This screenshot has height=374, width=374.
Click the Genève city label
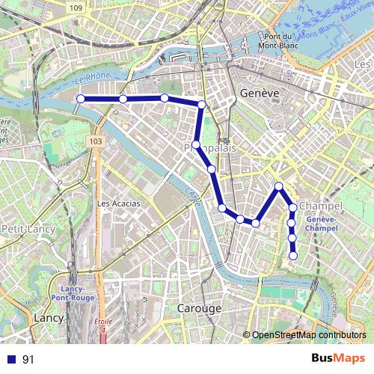click(260, 93)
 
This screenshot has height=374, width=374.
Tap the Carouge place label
click(199, 308)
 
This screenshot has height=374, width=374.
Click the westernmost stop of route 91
click(80, 99)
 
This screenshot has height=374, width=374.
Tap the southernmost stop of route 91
click(293, 256)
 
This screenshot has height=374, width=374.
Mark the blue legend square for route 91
click(11, 359)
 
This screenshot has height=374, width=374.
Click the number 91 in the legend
click(28, 359)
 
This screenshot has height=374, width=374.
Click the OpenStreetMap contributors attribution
click(308, 336)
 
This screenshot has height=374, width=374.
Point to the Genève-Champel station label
click(322, 223)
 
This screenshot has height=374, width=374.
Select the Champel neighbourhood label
click(320, 206)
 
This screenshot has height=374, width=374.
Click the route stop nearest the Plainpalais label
click(196, 144)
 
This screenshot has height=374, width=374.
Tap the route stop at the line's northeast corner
click(202, 104)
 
